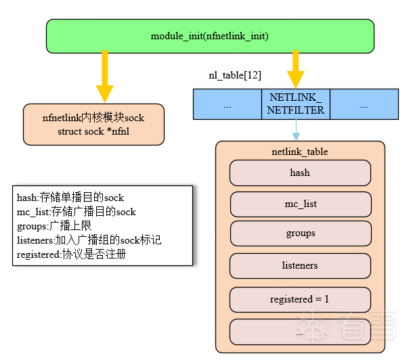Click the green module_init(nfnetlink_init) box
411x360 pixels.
tap(210, 36)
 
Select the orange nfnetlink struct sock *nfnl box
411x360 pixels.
tap(93, 125)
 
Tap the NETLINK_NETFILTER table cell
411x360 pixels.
tap(296, 104)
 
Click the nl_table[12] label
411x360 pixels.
tap(235, 75)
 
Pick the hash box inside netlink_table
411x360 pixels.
tap(300, 173)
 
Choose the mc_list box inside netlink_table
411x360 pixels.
tap(300, 204)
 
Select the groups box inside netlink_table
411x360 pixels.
tap(300, 233)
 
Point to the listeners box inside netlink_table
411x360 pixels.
tap(300, 265)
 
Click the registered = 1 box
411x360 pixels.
tap(300, 299)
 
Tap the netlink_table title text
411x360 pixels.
tap(300, 151)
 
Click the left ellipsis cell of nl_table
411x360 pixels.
tap(228, 106)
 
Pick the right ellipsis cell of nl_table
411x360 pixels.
tap(364, 106)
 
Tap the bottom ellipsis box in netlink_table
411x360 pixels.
tap(300, 332)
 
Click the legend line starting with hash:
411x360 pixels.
tap(70, 198)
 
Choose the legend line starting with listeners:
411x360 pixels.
tap(89, 240)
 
